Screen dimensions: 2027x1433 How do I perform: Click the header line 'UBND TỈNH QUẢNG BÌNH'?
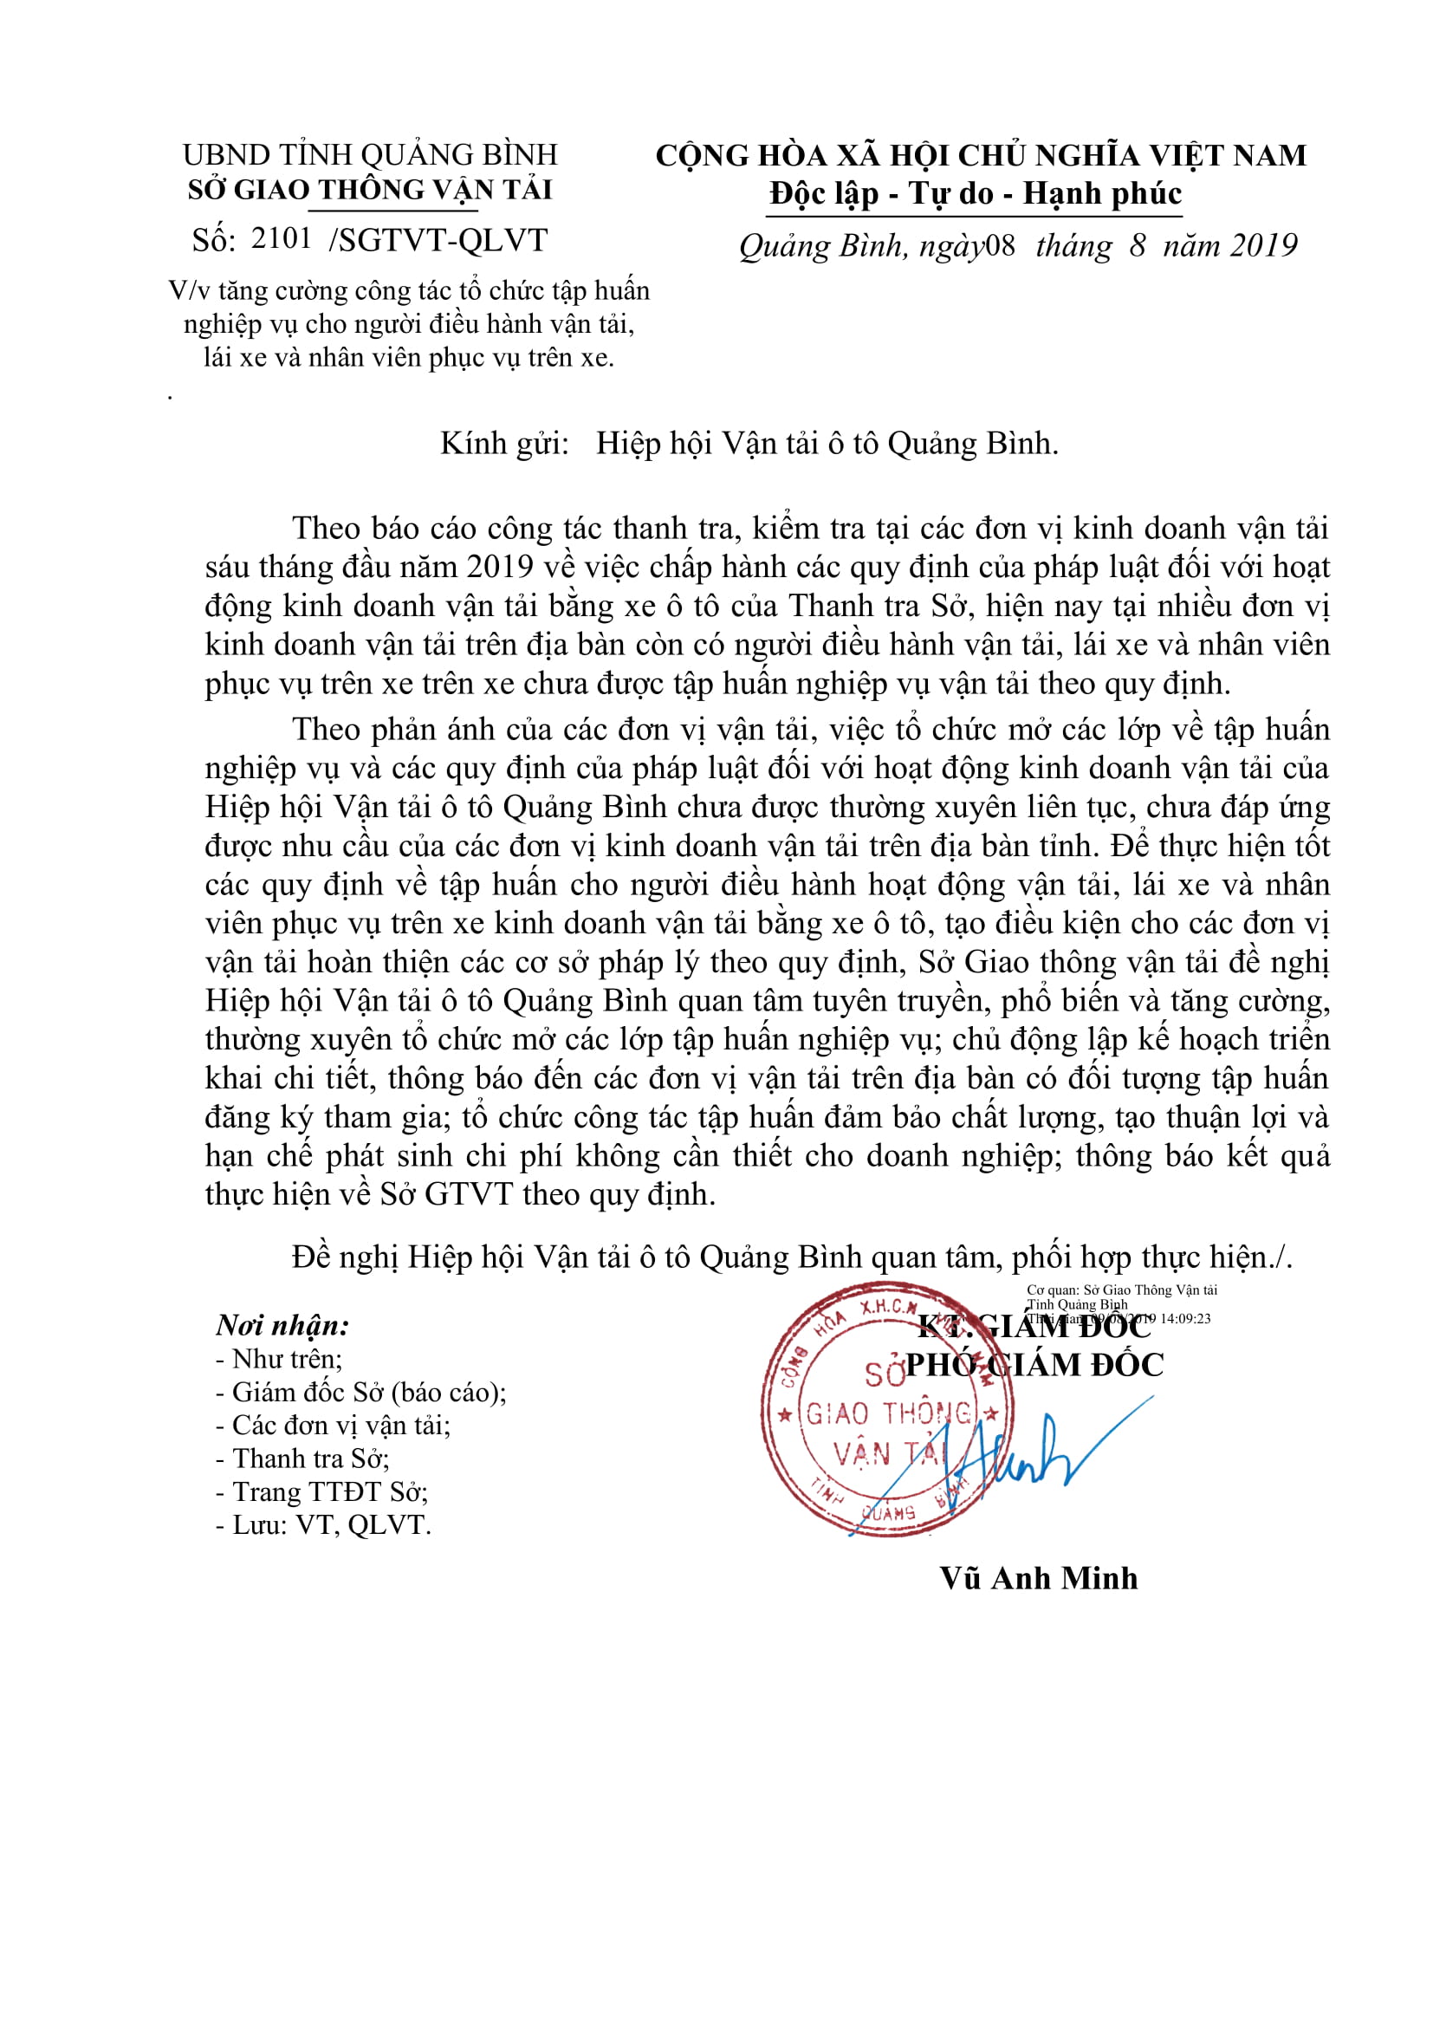(x=370, y=154)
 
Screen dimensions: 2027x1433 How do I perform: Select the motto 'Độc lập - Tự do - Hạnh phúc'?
(x=975, y=193)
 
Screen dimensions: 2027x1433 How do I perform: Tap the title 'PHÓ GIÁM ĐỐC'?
(x=1034, y=1365)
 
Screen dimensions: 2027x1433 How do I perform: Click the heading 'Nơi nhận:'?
(x=282, y=1325)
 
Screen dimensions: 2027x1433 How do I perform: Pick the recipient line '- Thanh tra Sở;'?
(x=302, y=1459)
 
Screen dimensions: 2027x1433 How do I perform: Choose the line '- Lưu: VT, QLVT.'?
(x=323, y=1524)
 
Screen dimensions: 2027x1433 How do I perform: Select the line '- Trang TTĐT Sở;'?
(x=321, y=1492)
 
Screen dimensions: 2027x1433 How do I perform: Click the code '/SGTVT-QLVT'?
(x=438, y=240)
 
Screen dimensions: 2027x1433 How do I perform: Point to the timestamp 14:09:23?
(x=1185, y=1318)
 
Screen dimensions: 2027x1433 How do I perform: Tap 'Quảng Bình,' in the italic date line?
(x=822, y=245)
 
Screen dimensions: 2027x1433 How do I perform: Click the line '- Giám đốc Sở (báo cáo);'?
(x=360, y=1393)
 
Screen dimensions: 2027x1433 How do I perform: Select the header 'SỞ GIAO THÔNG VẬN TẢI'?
(x=370, y=190)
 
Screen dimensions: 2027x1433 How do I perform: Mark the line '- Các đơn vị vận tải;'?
(x=333, y=1426)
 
